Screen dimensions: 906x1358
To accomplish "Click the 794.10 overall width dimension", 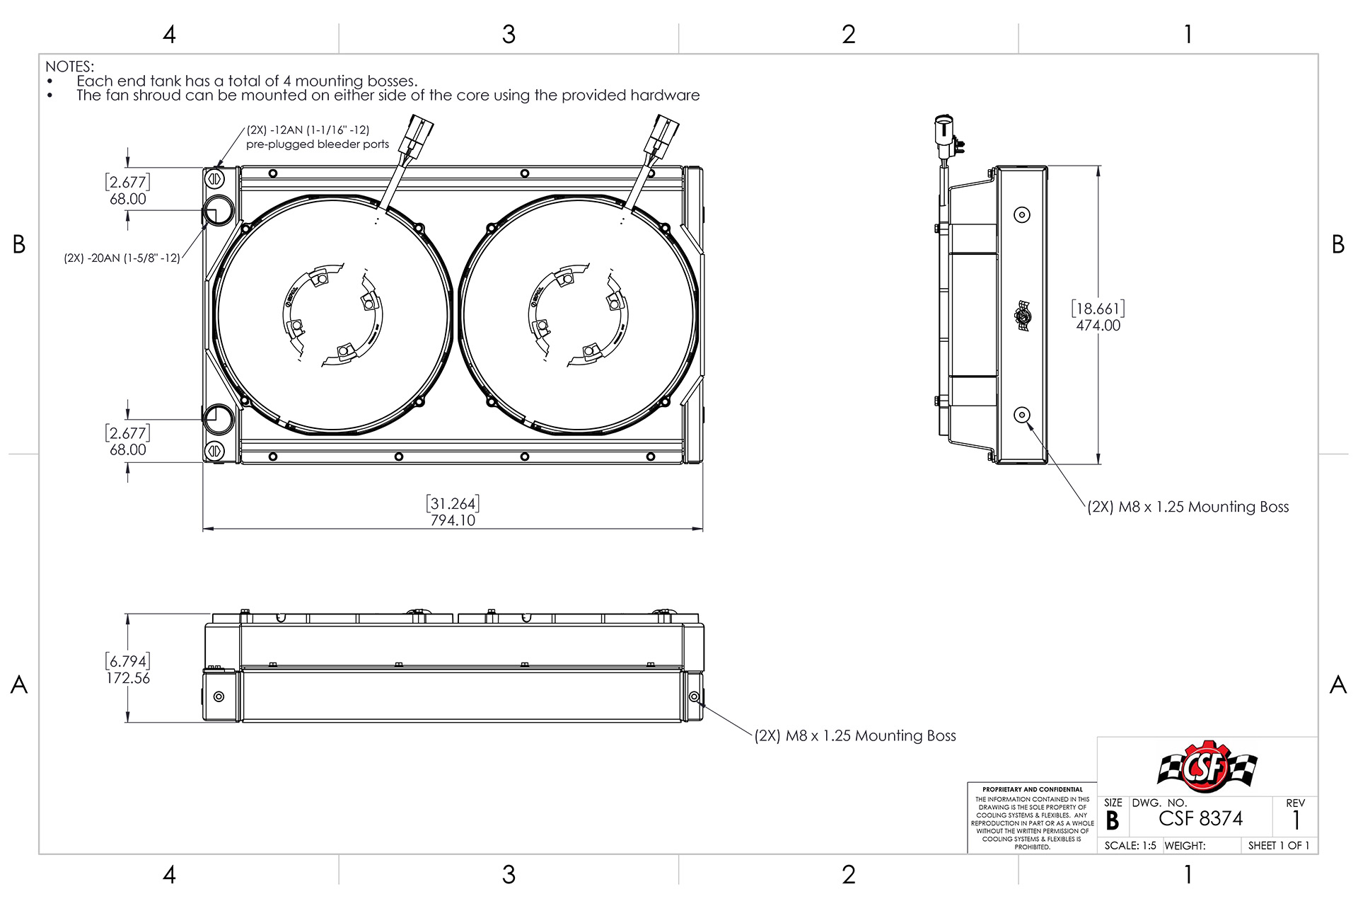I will (x=453, y=520).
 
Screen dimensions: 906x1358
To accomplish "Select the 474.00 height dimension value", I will (x=1098, y=326).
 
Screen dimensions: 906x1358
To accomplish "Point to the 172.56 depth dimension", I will (x=128, y=678).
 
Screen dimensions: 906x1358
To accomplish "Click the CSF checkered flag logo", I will (x=1207, y=767).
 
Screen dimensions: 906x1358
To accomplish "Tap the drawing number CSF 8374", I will (x=1200, y=819).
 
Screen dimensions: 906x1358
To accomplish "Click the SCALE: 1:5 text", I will (x=1130, y=846).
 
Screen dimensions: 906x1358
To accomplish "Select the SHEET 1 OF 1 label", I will (x=1278, y=846).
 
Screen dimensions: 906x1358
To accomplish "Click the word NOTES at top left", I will (x=69, y=67).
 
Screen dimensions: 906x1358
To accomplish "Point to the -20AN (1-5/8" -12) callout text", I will (x=122, y=258).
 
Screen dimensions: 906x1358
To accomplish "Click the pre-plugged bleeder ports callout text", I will (x=318, y=144).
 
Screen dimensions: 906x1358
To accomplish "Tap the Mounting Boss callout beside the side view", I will (x=1188, y=507).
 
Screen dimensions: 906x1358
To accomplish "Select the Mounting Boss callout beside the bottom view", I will (x=854, y=736).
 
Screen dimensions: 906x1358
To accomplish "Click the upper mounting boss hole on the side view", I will (x=1021, y=214).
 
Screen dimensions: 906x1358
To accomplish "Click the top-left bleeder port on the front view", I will (x=215, y=178).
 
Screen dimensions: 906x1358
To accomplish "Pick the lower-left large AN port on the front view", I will (x=218, y=418).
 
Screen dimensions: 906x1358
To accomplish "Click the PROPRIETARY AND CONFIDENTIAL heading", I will (x=1032, y=789).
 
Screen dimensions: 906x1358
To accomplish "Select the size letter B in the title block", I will (x=1112, y=821).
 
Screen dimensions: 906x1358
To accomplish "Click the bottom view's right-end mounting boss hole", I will (x=694, y=696).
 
